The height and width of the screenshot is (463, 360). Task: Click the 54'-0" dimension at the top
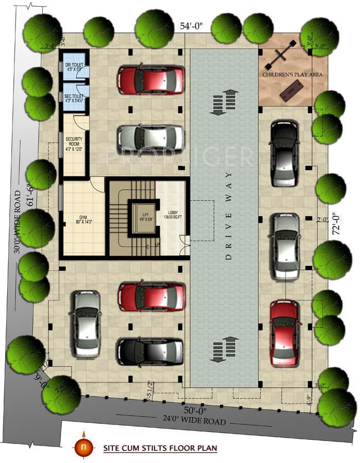pos(193,26)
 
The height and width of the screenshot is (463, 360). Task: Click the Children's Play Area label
pos(293,75)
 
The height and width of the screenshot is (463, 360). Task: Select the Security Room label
pos(74,142)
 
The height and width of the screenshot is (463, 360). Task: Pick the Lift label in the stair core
pos(142,211)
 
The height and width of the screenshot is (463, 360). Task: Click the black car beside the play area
pos(284,153)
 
